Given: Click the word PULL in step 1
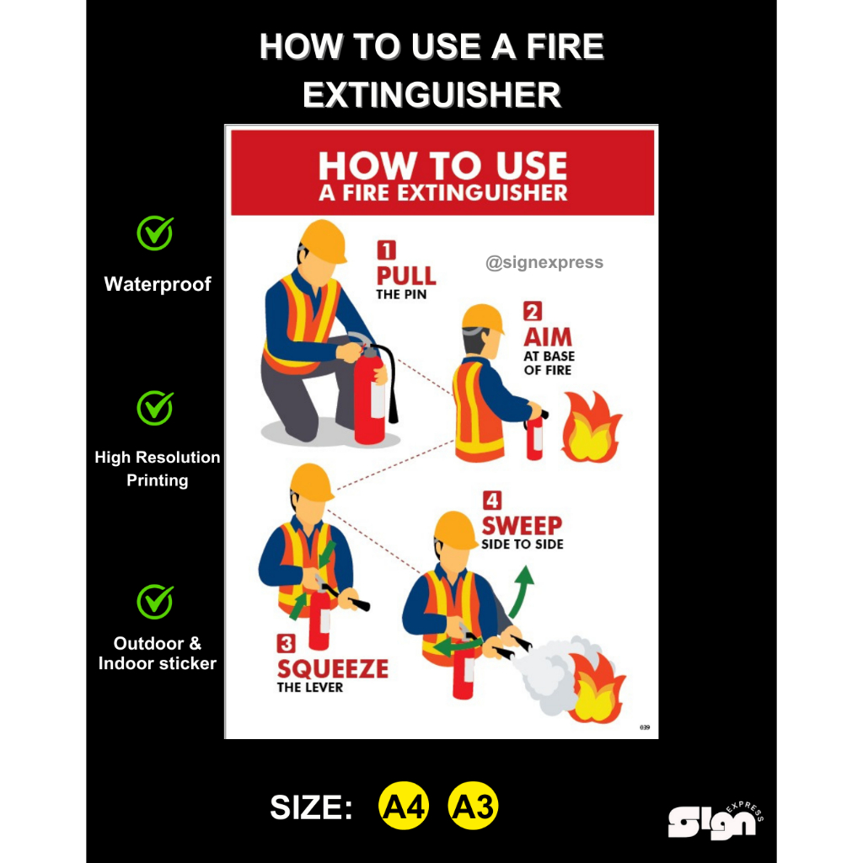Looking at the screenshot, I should (x=406, y=276).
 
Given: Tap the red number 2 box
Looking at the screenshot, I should (x=533, y=312).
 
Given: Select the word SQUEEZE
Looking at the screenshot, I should (x=333, y=669).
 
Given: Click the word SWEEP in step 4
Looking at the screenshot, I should (x=522, y=525).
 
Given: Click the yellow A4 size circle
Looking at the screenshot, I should (x=404, y=807).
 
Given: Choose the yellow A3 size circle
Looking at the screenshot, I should (x=473, y=807).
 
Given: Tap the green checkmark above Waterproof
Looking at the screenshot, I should (x=155, y=233).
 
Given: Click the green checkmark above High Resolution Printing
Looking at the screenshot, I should (x=155, y=408).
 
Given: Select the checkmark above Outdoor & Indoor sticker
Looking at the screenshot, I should (x=155, y=602).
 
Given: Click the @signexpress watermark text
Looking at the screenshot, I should (x=544, y=262).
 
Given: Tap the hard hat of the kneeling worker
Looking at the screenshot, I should (x=324, y=241).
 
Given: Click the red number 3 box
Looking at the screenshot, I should (x=287, y=644).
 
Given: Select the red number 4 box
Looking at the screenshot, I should (x=492, y=501).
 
